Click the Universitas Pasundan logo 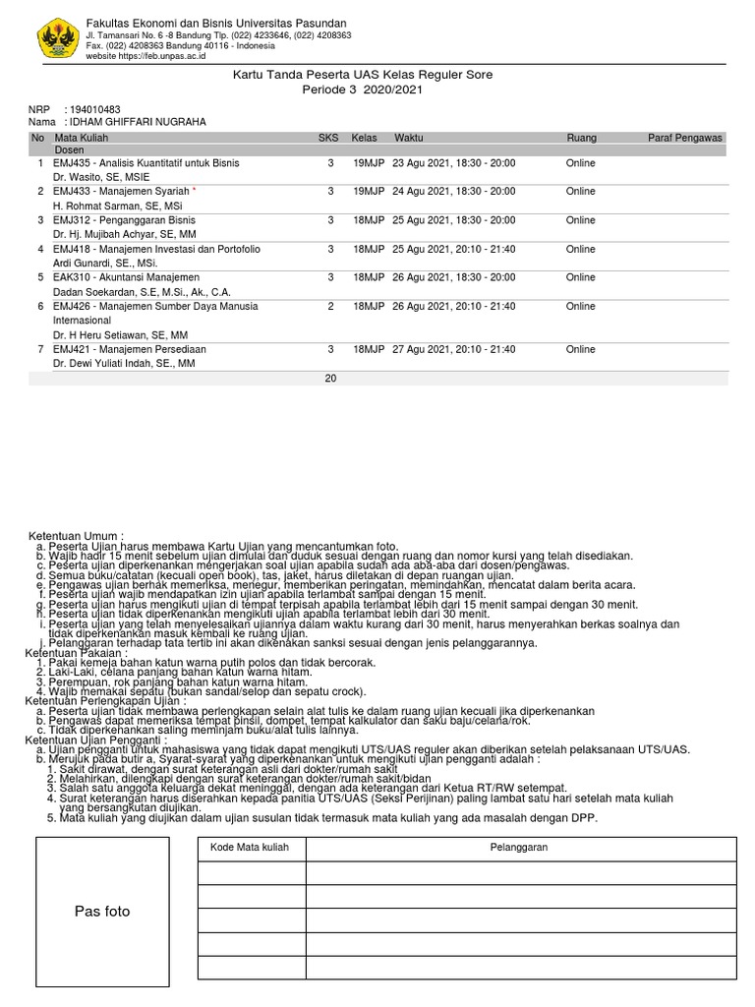pyautogui.click(x=57, y=39)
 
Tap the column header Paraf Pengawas pyautogui.click(x=685, y=139)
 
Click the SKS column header pyautogui.click(x=327, y=139)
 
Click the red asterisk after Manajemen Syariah pyautogui.click(x=194, y=191)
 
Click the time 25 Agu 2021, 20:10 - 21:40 pyautogui.click(x=453, y=250)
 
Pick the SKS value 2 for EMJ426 pyautogui.click(x=331, y=307)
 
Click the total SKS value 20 pyautogui.click(x=330, y=378)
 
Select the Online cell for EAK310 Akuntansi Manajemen pyautogui.click(x=580, y=278)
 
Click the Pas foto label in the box pyautogui.click(x=102, y=912)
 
